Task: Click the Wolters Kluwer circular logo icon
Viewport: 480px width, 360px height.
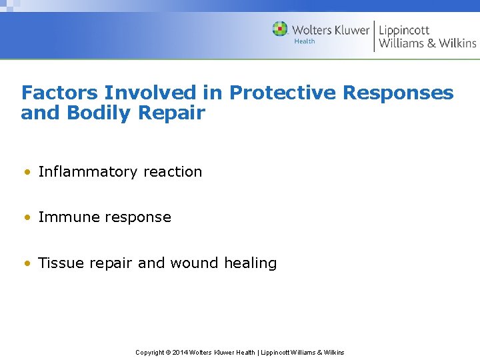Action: pyautogui.click(x=280, y=29)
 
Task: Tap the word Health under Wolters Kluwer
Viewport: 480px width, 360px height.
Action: pyautogui.click(x=305, y=41)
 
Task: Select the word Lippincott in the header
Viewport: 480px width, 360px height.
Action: pyautogui.click(x=403, y=30)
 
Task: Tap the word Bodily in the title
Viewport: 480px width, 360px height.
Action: pyautogui.click(x=95, y=113)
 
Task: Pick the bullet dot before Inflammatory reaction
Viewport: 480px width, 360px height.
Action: pyautogui.click(x=26, y=172)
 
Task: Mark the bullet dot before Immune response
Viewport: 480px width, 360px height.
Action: pyautogui.click(x=26, y=217)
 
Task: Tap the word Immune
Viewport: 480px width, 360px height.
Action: pyautogui.click(x=66, y=217)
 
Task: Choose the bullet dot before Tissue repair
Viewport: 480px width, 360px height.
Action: pyautogui.click(x=26, y=263)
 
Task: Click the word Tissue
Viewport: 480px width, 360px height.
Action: pyautogui.click(x=59, y=263)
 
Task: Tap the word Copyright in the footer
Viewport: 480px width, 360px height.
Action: pyautogui.click(x=150, y=352)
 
